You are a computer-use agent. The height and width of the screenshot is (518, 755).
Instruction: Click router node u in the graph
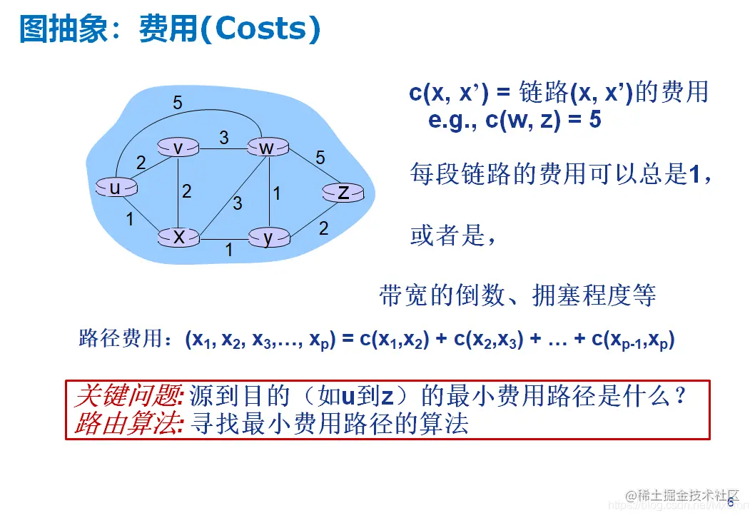coord(115,188)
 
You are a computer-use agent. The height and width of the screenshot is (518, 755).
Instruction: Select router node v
coord(178,148)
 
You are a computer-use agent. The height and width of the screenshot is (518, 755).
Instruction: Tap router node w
coord(267,148)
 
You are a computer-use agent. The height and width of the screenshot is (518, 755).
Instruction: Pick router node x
coord(178,237)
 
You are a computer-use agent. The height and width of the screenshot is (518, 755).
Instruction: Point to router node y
coord(268,238)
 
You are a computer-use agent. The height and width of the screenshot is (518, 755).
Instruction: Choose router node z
coord(343,192)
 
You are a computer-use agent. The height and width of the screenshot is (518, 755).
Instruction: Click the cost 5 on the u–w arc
coord(178,103)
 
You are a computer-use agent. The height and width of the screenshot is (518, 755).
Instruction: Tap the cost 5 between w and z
coord(320,158)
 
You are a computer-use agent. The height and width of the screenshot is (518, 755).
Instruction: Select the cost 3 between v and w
coord(224,138)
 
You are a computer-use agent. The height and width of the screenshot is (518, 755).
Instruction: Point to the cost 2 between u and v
coord(141,163)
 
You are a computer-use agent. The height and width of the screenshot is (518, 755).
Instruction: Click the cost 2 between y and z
coord(323,228)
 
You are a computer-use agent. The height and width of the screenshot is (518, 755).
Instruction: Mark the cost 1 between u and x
coord(130,220)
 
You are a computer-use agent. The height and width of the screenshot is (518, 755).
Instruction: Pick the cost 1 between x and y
coord(229,250)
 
